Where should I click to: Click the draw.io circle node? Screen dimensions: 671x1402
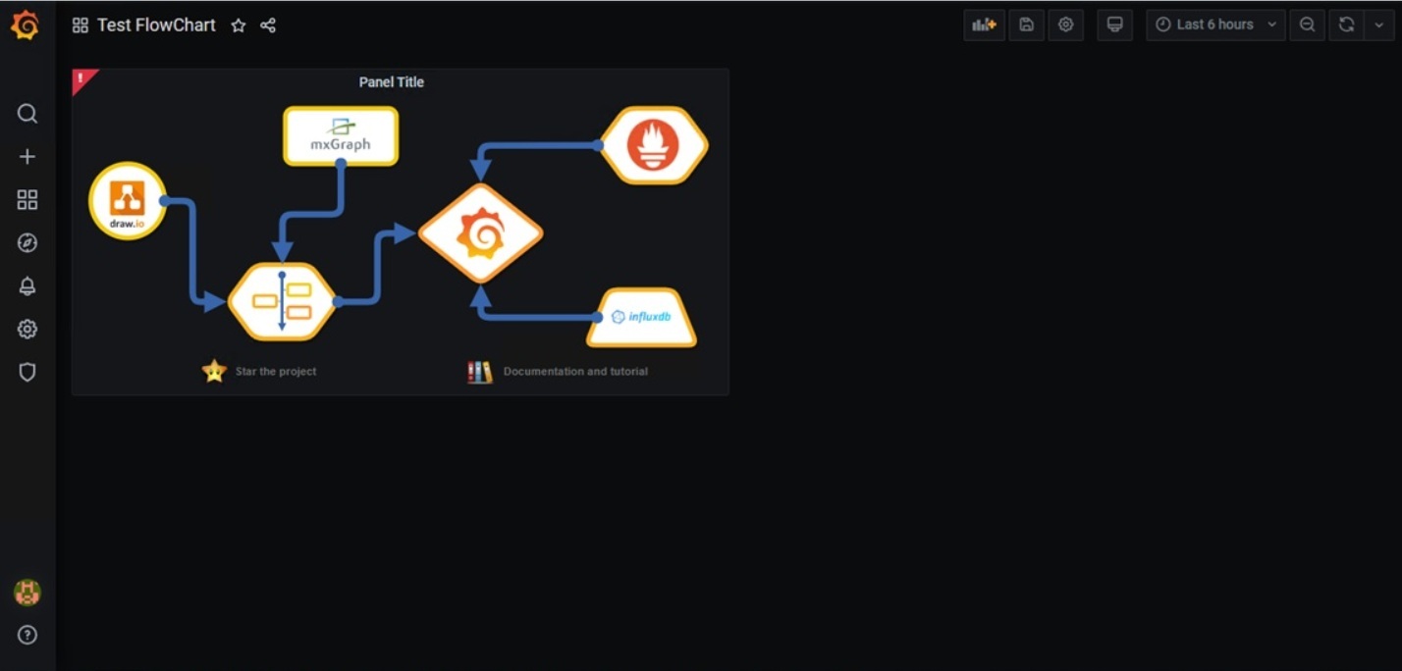[128, 201]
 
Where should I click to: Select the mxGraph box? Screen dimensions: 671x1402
[341, 135]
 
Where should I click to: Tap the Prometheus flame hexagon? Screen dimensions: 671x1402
[653, 145]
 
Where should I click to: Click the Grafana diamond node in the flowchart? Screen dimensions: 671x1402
[480, 233]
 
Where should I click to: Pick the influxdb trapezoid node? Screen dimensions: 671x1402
[641, 317]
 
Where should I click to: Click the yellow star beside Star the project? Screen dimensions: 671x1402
[214, 371]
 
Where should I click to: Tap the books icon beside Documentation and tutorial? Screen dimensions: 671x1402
[480, 372]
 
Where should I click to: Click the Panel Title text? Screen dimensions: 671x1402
[392, 82]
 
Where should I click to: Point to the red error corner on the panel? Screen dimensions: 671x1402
[81, 77]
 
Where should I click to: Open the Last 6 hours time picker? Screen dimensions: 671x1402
[1215, 25]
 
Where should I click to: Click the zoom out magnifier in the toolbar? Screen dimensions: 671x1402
[1307, 25]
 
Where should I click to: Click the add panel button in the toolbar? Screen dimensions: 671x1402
[984, 25]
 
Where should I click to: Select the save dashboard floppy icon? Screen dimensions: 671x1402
[1026, 25]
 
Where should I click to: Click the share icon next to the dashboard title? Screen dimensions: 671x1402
[268, 26]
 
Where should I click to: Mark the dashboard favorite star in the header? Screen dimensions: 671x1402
[239, 26]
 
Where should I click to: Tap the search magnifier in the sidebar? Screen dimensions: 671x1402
[27, 114]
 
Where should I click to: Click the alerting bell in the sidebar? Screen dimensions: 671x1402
[27, 286]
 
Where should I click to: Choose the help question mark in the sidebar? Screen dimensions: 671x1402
[27, 635]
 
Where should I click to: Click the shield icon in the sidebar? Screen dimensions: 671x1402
[27, 373]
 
